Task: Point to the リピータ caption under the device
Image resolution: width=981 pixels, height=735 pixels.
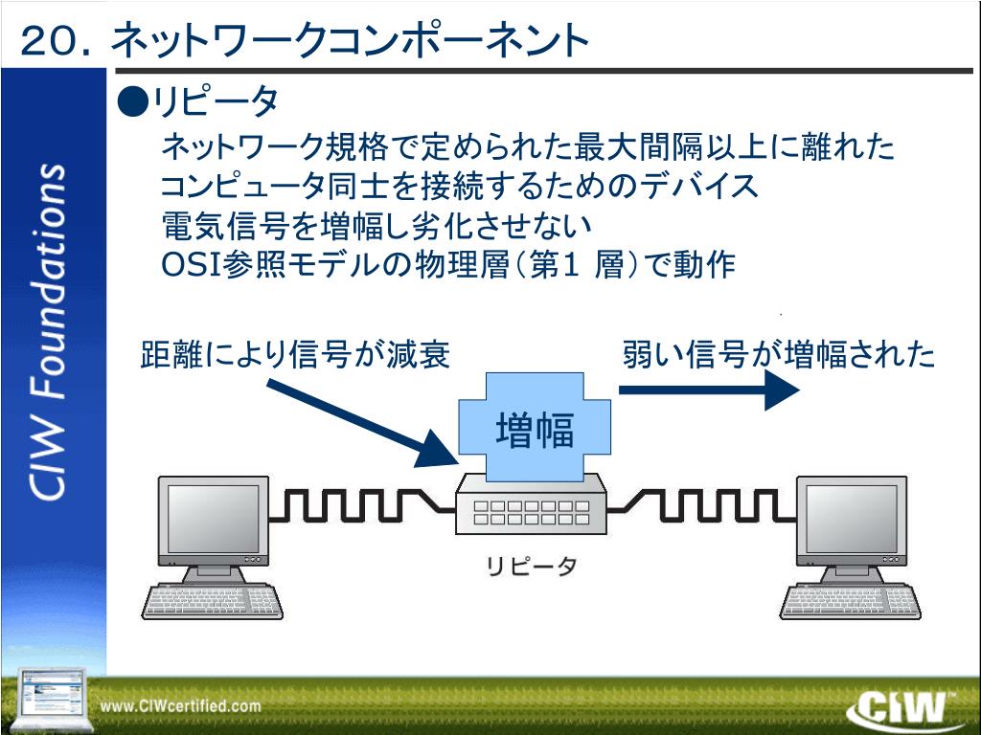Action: click(x=531, y=567)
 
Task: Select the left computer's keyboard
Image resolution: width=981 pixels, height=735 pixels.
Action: click(x=212, y=600)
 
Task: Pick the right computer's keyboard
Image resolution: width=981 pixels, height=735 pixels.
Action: click(x=850, y=600)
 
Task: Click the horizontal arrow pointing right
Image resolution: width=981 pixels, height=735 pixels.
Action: click(x=709, y=390)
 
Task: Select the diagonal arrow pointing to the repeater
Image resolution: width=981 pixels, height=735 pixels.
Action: click(x=359, y=422)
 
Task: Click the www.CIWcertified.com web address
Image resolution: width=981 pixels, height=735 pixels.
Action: click(x=181, y=706)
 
